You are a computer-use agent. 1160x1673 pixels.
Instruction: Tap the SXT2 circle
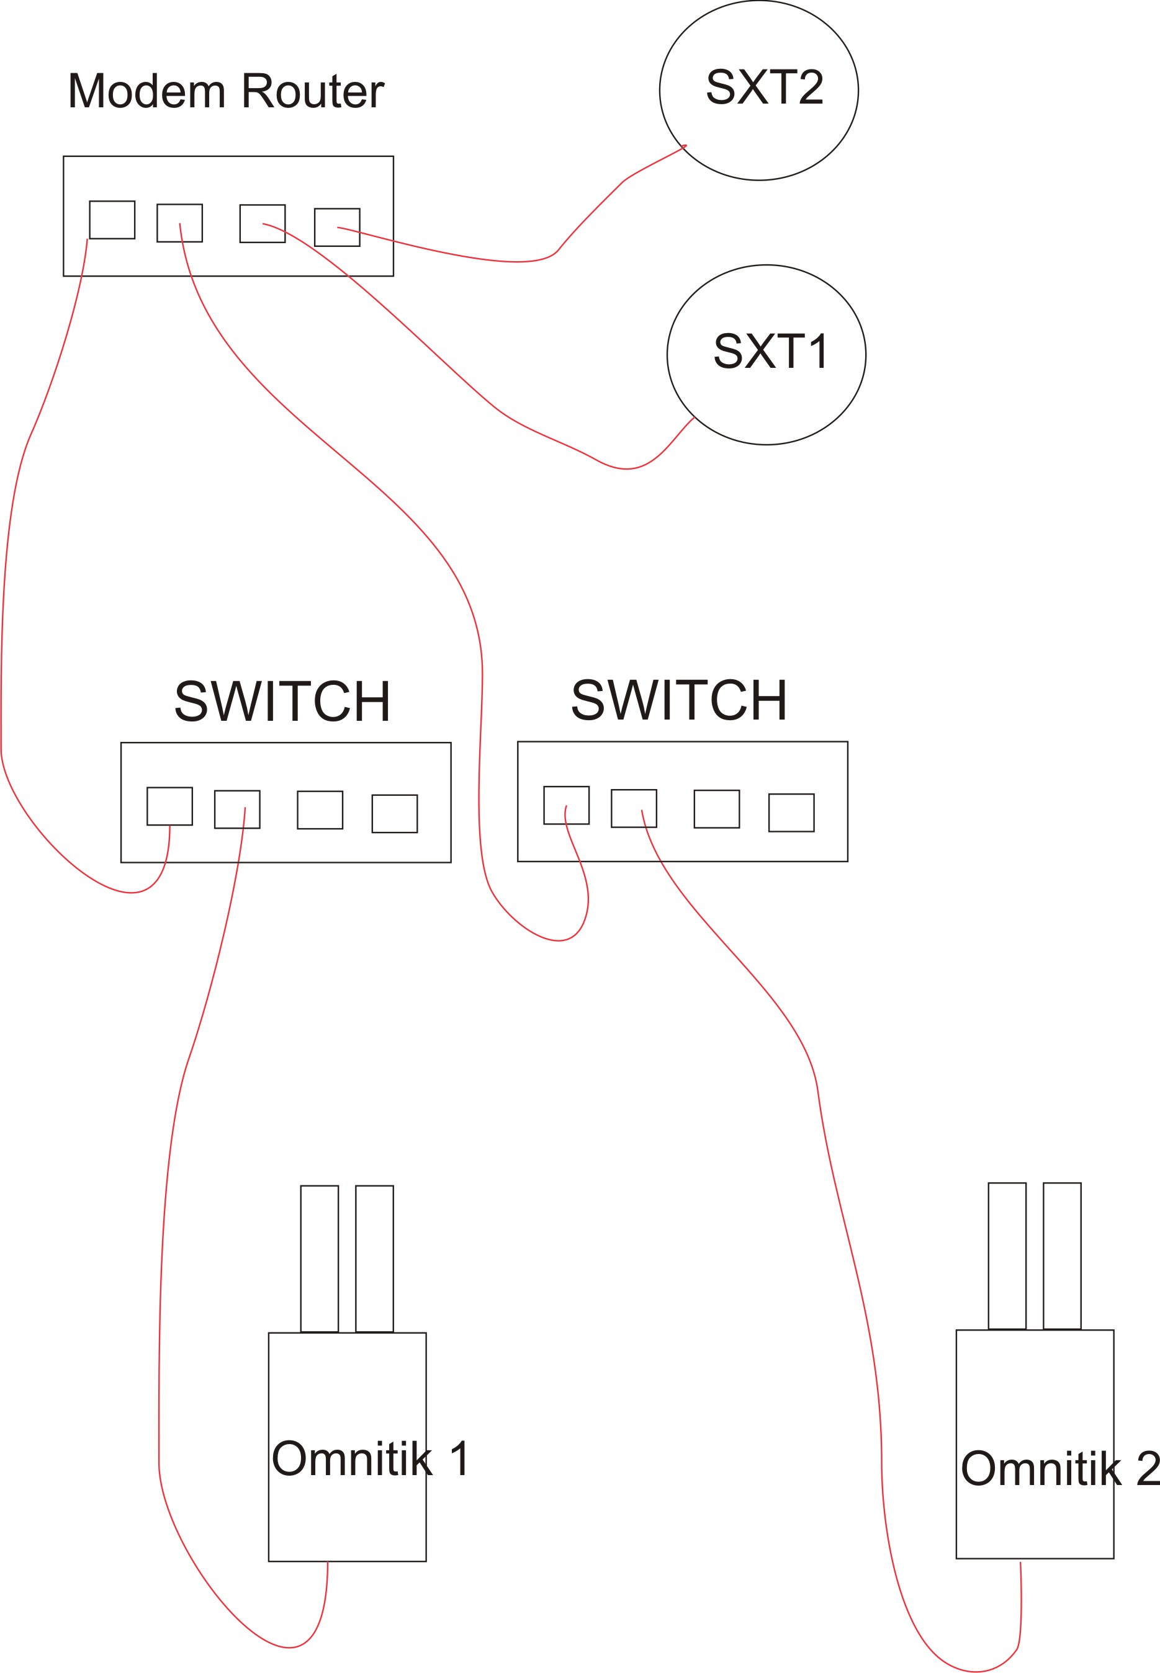(759, 90)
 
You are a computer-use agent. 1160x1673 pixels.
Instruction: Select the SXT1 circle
(766, 354)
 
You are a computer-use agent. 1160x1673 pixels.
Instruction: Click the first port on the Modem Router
(112, 220)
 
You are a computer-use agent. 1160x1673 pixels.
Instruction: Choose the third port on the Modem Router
(263, 223)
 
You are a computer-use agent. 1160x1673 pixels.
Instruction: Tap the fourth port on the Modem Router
(337, 228)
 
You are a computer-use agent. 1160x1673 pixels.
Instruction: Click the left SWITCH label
(283, 701)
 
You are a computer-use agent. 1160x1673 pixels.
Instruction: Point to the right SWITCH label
(679, 700)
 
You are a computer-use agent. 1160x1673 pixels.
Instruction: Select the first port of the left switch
(169, 806)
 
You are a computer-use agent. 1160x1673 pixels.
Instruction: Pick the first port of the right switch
(566, 805)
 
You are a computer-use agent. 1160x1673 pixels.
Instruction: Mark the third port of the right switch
(717, 808)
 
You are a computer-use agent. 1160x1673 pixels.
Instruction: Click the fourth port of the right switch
(791, 812)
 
